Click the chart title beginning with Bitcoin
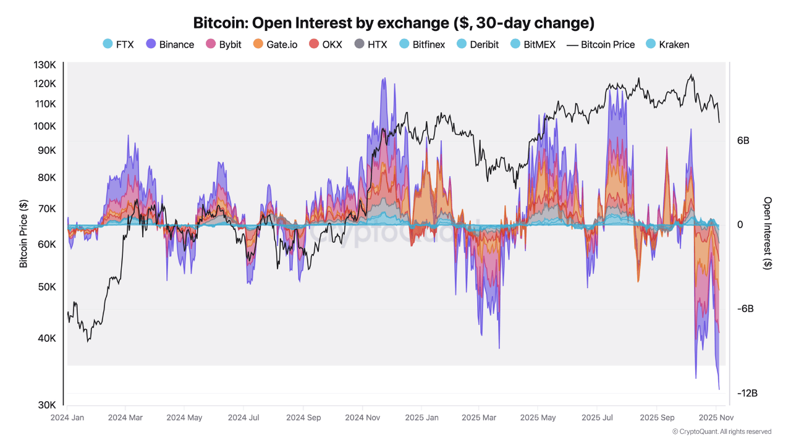tap(394, 23)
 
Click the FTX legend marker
tap(108, 44)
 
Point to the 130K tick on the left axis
tap(44, 65)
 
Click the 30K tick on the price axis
tap(47, 405)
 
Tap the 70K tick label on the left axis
tap(47, 208)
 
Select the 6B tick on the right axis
tap(743, 141)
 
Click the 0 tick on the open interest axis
tap(740, 225)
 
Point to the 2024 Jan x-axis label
tap(67, 418)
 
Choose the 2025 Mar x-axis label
tap(479, 418)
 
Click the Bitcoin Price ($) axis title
tap(23, 234)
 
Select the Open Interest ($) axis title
tap(768, 234)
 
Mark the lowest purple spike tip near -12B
tap(719, 389)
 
